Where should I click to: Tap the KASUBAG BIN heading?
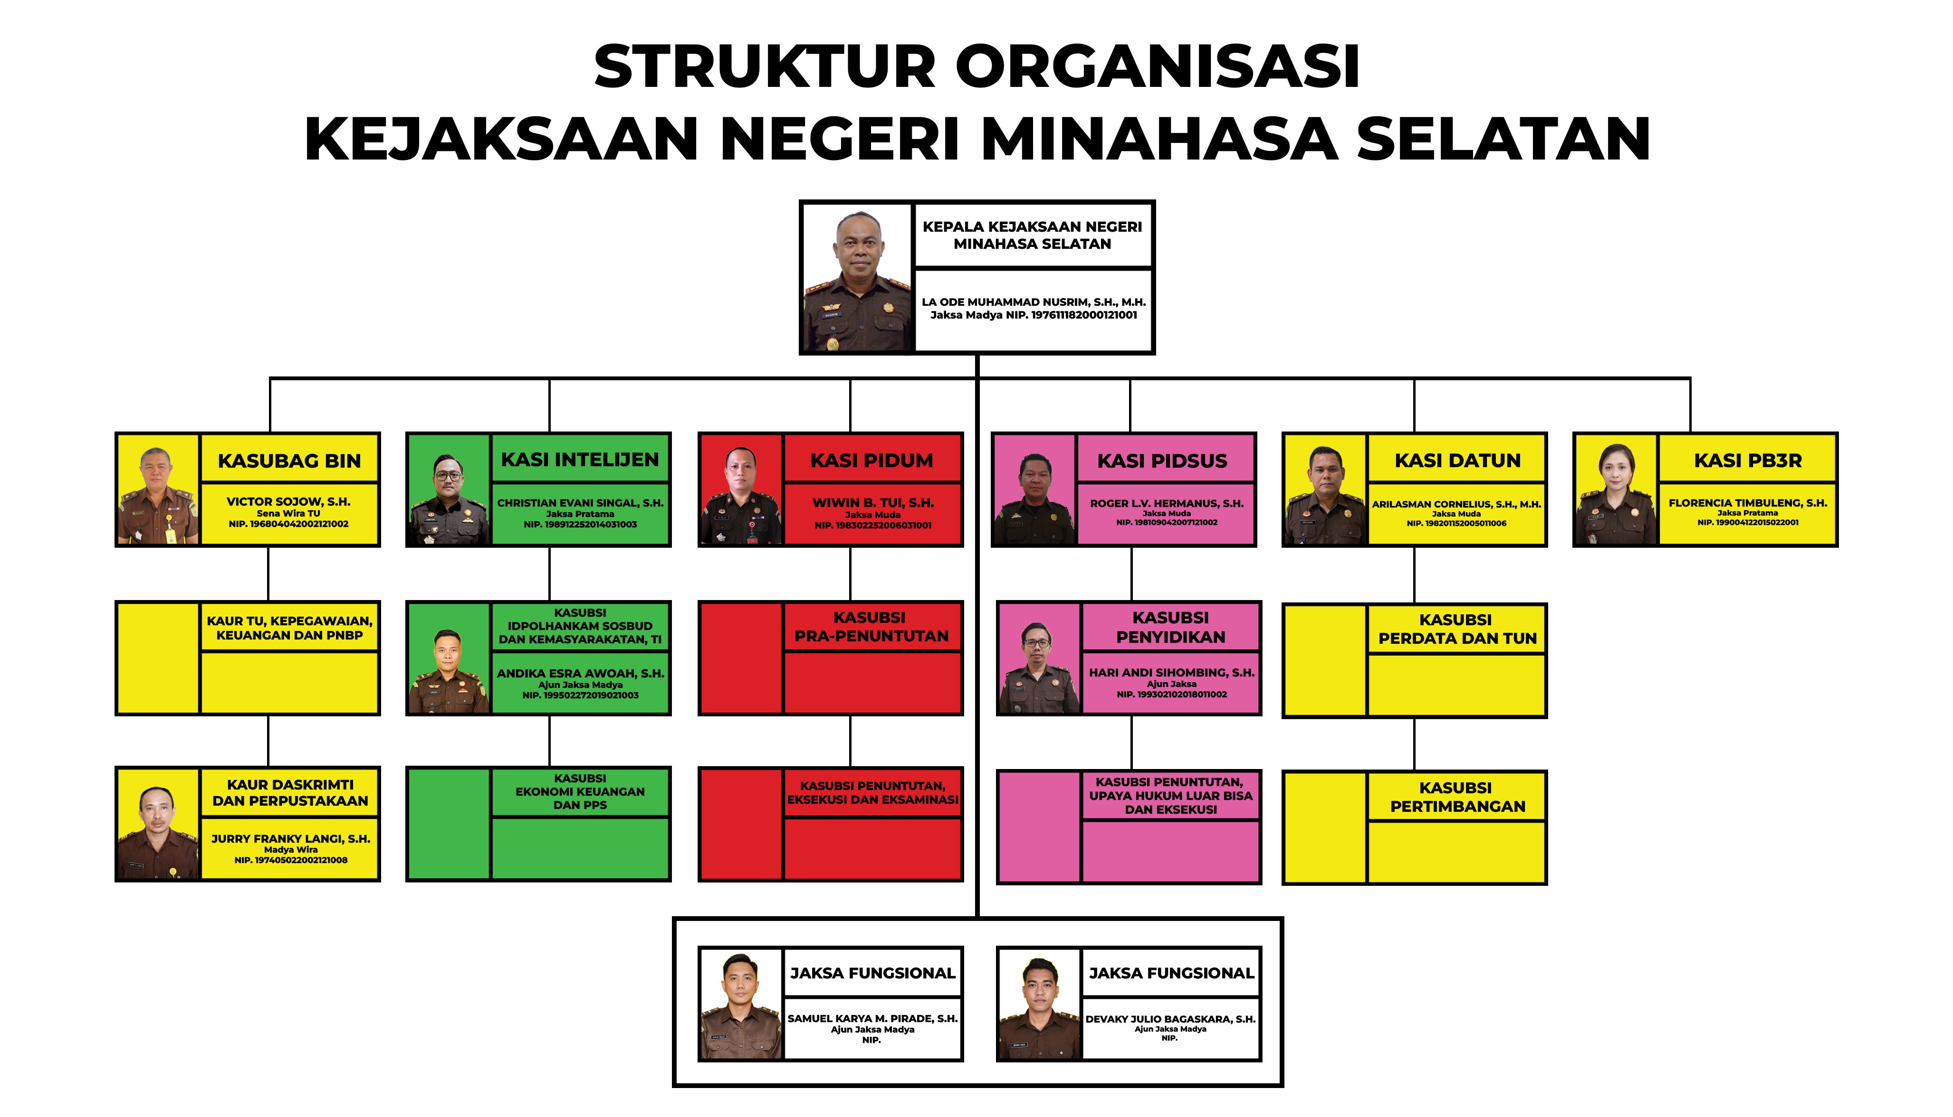click(289, 461)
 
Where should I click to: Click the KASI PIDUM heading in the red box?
click(871, 460)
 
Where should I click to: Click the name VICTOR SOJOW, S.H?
click(288, 502)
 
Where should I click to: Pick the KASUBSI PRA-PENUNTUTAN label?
click(871, 627)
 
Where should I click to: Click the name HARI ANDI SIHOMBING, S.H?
click(1171, 673)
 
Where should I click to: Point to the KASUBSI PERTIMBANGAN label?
click(1457, 797)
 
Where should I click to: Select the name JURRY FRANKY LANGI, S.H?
click(291, 838)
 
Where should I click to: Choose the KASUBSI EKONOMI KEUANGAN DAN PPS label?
click(580, 792)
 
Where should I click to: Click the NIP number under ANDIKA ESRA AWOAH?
click(580, 695)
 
